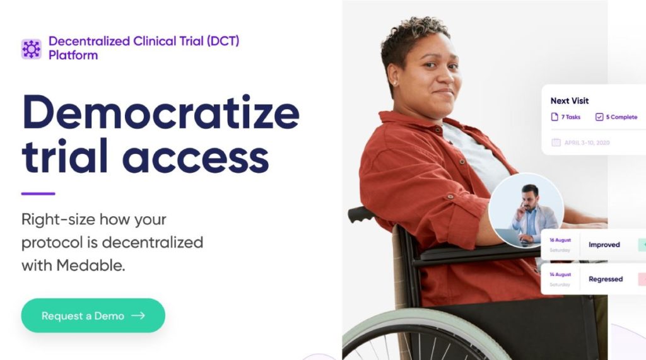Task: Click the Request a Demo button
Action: pyautogui.click(x=93, y=315)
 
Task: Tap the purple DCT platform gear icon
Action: pyautogui.click(x=32, y=49)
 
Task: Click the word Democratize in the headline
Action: pyautogui.click(x=161, y=112)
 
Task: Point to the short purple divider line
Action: pyautogui.click(x=38, y=194)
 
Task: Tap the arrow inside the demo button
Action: pyautogui.click(x=138, y=315)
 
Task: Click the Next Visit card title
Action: pyautogui.click(x=570, y=101)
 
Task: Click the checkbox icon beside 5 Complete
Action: pyautogui.click(x=599, y=117)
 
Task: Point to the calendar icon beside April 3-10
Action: pyautogui.click(x=556, y=142)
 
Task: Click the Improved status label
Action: pyautogui.click(x=604, y=245)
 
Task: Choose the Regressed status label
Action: pyautogui.click(x=606, y=279)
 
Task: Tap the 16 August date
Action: pyautogui.click(x=560, y=240)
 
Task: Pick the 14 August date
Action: pyautogui.click(x=560, y=275)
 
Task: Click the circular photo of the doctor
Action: pyautogui.click(x=526, y=210)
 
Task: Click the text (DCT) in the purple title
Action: pyautogui.click(x=223, y=41)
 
